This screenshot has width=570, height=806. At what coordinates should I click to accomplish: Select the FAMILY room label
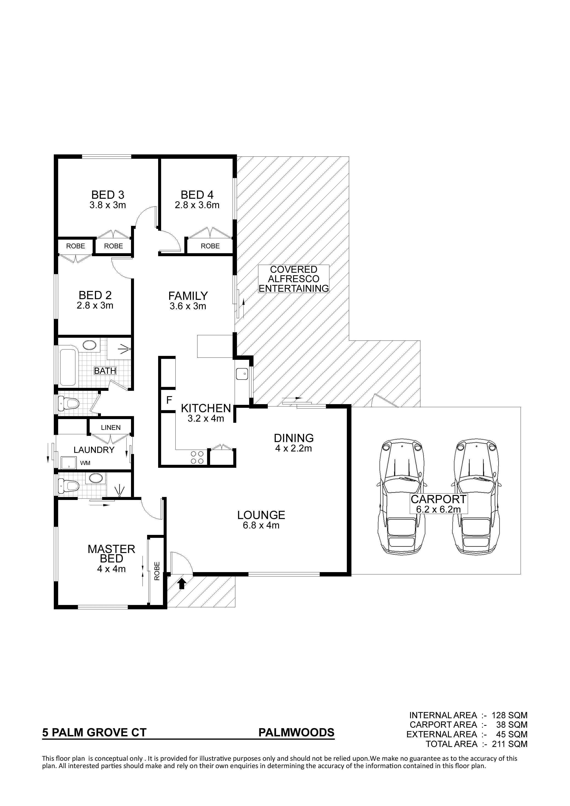(x=188, y=295)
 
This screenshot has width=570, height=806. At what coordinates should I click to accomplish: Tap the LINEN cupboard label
(x=111, y=428)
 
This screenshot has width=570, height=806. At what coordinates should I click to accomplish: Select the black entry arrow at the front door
(x=182, y=584)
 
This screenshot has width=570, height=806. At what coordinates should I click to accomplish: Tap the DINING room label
(x=294, y=438)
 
